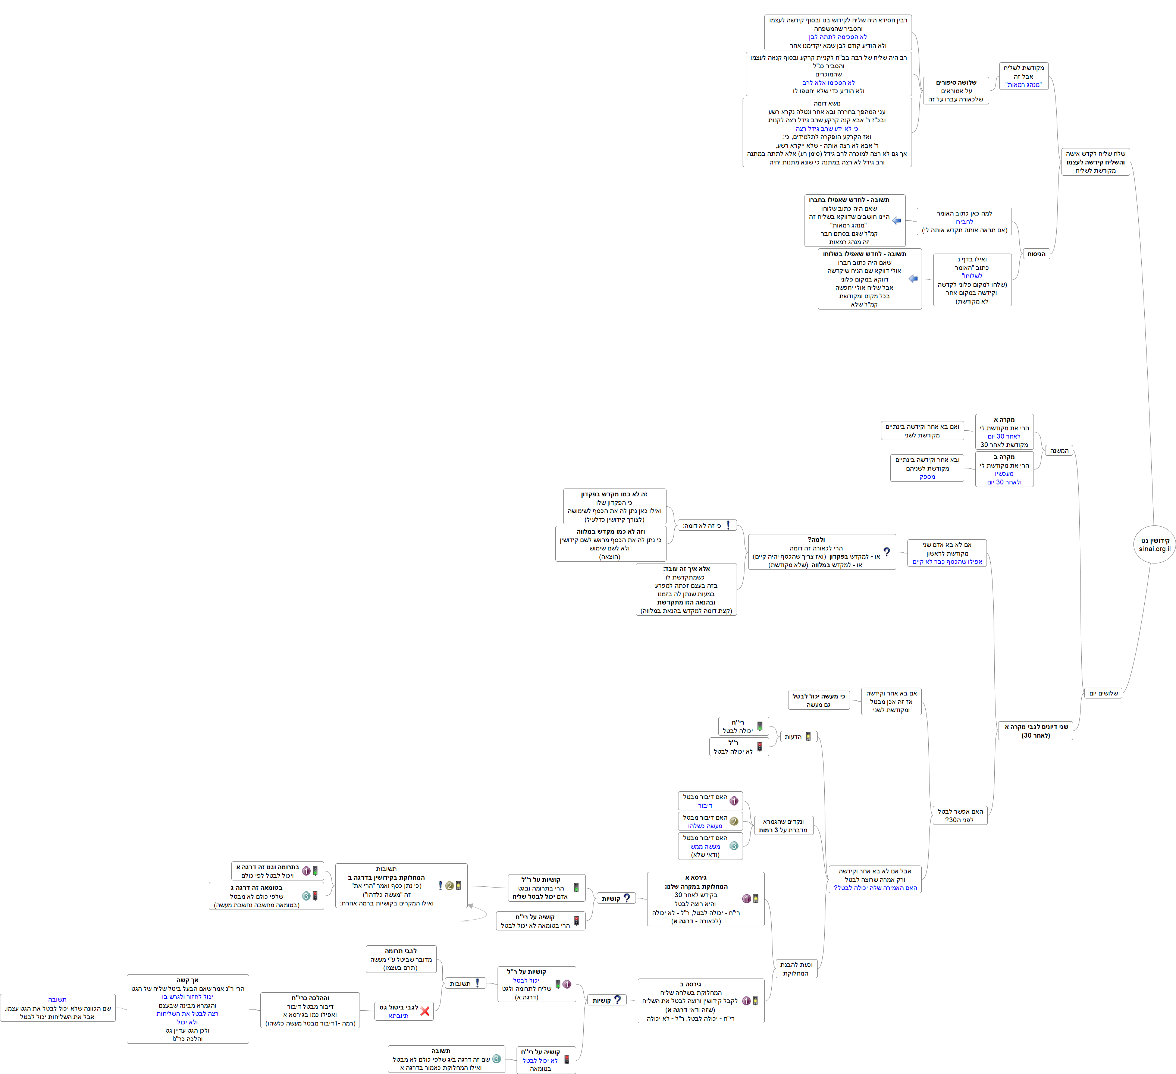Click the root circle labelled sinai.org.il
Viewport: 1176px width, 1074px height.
coord(1154,544)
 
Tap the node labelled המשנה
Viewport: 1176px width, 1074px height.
coord(1059,450)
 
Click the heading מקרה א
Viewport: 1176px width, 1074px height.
coord(1004,420)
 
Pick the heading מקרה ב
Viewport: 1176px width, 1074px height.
coord(1004,457)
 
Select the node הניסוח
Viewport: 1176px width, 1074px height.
coord(1036,254)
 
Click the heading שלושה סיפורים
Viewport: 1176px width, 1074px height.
coord(956,82)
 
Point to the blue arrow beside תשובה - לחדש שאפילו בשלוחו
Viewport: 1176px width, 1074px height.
coord(913,279)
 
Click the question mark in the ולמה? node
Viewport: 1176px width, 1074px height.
coord(887,551)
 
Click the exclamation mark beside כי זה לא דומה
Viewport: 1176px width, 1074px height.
coord(728,525)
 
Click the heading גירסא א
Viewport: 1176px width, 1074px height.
coord(696,877)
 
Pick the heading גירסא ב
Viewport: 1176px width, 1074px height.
coord(690,984)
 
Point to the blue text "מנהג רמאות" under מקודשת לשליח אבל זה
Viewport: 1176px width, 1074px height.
coord(1023,85)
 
